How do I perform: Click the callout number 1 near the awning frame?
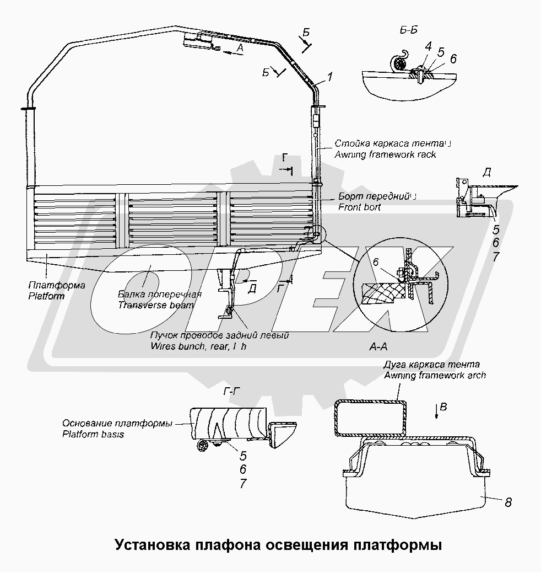pos(329,78)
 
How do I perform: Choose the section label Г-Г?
pos(232,392)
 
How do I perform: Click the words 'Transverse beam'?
pos(156,304)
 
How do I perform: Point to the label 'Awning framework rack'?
pos(385,154)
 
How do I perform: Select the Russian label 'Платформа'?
pos(55,285)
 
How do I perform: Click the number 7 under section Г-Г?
pos(242,484)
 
